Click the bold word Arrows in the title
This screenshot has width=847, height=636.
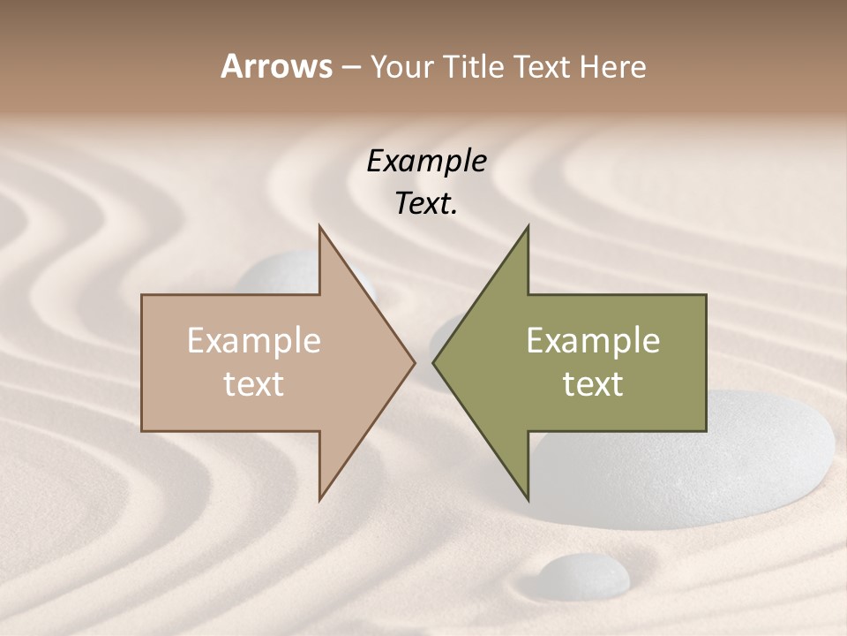tap(276, 66)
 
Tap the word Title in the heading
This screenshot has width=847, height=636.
tap(474, 66)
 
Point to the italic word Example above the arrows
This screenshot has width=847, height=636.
tap(426, 162)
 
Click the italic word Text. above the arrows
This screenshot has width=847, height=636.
tap(426, 204)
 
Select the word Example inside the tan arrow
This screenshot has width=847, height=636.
tap(254, 341)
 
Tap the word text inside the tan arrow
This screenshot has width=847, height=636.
tap(254, 384)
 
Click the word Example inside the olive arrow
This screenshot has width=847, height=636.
tap(593, 341)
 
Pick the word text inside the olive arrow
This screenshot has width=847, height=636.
tap(593, 384)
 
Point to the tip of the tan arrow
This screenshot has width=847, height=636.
tap(414, 362)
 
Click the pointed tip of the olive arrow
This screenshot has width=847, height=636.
tap(433, 362)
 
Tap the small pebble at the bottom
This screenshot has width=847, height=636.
tap(584, 575)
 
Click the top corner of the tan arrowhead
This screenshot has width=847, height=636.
tap(319, 226)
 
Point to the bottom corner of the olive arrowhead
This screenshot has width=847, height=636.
tap(528, 498)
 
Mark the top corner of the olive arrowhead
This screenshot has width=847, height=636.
tap(528, 226)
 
